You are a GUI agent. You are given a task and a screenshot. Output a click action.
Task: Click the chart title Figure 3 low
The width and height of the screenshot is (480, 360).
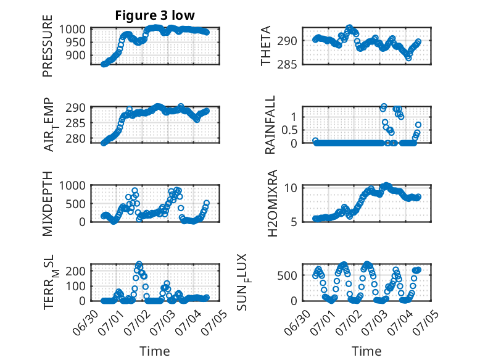click(155, 15)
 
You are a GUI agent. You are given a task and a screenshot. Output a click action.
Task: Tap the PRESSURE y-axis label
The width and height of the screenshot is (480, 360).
click(48, 46)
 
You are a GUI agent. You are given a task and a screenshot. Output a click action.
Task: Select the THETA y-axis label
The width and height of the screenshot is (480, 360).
click(266, 46)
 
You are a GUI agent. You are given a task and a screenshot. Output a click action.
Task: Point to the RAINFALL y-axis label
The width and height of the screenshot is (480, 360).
click(270, 125)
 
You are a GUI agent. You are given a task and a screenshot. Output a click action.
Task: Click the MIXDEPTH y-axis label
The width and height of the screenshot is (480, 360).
click(48, 204)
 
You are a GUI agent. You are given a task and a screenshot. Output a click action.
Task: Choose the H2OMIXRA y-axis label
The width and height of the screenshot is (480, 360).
click(272, 203)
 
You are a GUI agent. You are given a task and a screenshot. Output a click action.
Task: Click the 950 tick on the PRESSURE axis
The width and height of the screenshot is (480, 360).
click(76, 43)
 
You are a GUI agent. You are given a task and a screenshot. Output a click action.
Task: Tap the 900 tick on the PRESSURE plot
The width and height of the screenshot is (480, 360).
click(76, 56)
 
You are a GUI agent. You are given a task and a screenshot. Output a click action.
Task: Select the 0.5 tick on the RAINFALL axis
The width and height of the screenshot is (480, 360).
click(289, 130)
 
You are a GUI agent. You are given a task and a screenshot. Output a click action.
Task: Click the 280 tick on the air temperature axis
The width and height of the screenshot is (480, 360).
click(76, 139)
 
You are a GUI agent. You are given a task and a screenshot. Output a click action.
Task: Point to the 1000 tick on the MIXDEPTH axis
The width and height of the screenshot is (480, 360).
click(72, 186)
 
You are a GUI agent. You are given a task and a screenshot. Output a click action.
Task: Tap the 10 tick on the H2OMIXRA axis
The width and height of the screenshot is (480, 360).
click(291, 188)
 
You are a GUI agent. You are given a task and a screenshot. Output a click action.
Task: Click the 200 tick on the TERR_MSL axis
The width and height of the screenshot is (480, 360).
click(76, 271)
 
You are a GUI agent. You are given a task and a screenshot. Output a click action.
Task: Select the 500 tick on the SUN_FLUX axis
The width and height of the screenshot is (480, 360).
click(287, 275)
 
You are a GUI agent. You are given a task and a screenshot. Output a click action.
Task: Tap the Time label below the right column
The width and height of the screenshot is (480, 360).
click(366, 351)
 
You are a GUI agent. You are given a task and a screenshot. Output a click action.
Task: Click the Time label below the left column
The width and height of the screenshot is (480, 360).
click(155, 351)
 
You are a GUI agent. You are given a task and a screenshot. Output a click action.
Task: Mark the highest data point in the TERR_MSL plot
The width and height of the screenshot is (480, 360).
click(139, 264)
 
